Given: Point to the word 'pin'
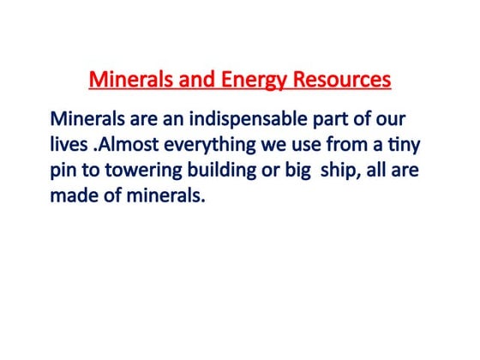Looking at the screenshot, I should tap(65, 171).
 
